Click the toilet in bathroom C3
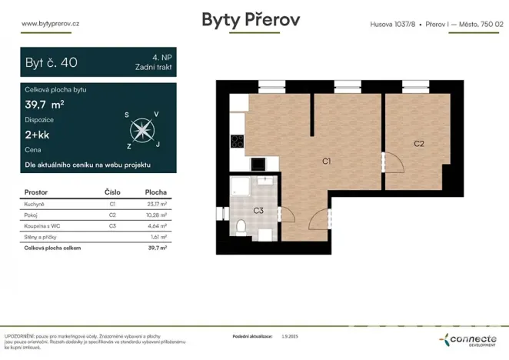coord(241,226)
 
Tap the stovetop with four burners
coord(238,142)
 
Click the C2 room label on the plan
coord(419,143)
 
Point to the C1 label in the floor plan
coord(326,161)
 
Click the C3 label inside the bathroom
coord(258,210)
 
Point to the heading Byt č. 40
coord(52,63)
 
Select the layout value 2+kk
coord(39,135)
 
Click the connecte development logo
coord(471,339)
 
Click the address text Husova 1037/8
coord(393,24)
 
